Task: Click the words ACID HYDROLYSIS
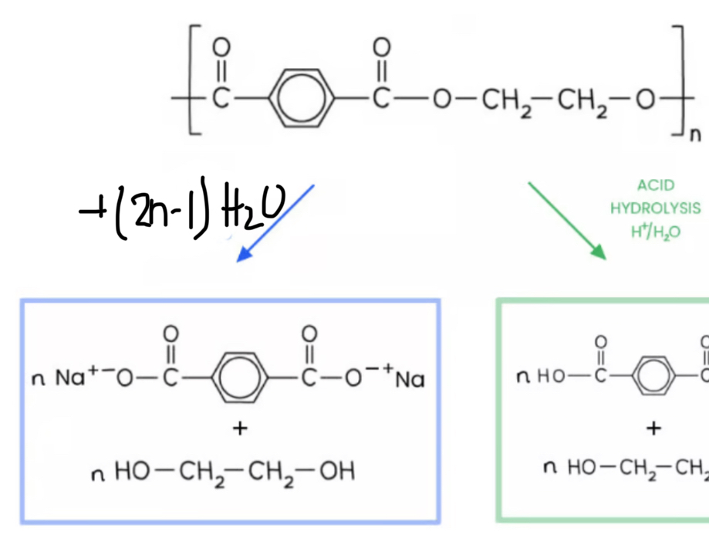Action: (x=655, y=197)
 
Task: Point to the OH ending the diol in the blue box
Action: (x=336, y=472)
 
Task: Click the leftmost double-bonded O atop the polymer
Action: (x=221, y=49)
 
